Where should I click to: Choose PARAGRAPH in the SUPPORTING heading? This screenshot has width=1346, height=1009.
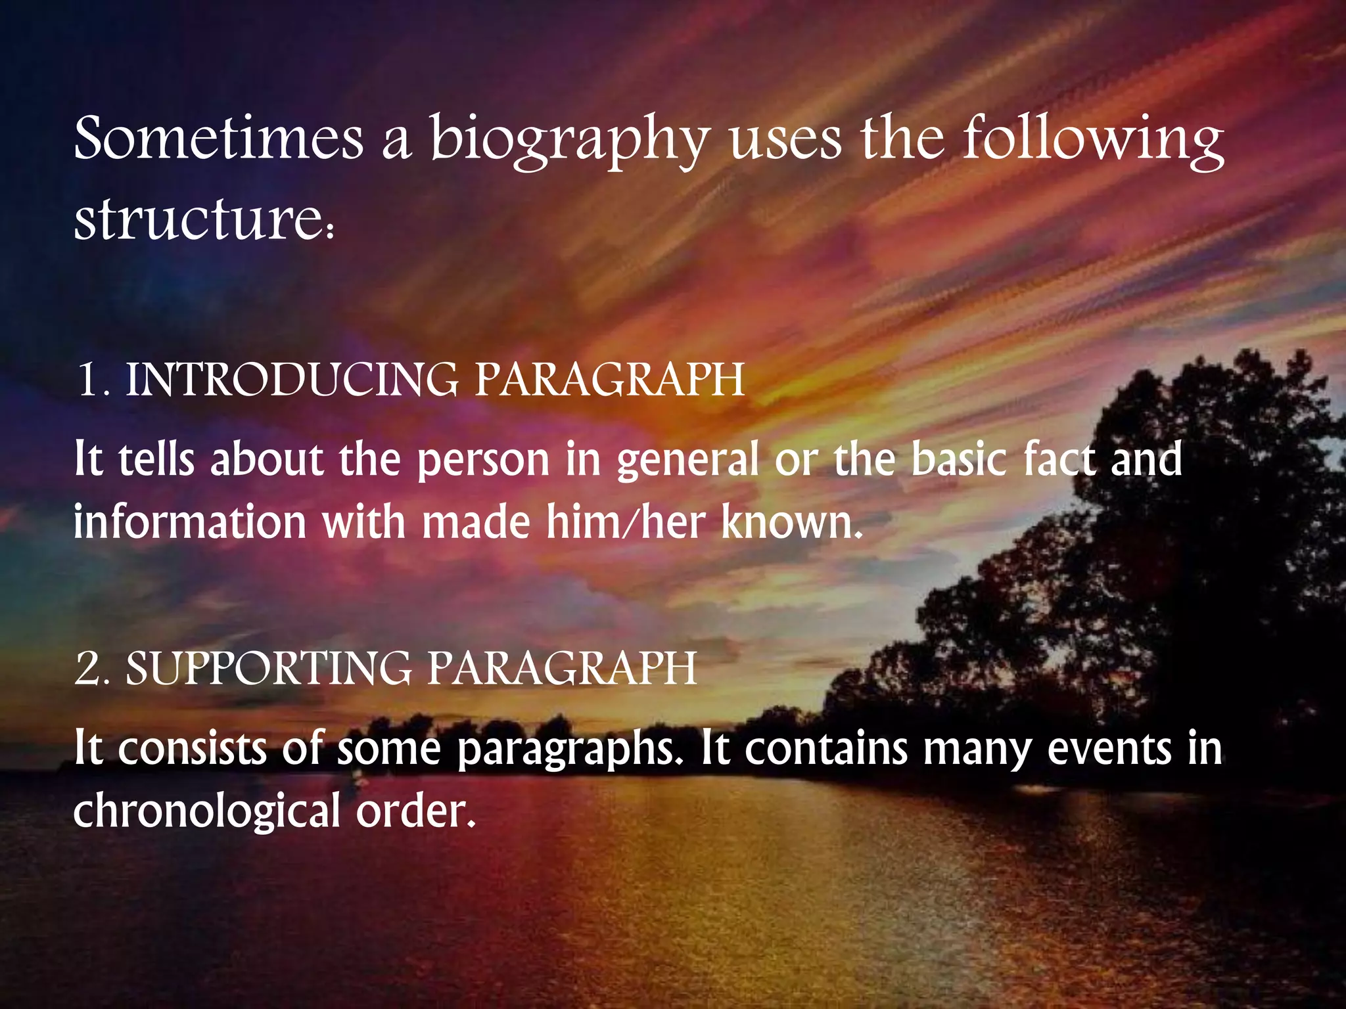(562, 669)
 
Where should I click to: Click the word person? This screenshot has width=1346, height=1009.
(483, 460)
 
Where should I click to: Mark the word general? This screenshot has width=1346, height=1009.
(687, 460)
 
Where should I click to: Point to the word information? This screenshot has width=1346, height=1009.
(190, 522)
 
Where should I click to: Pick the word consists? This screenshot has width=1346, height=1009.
(192, 749)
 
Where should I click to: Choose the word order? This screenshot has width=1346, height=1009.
(414, 811)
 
